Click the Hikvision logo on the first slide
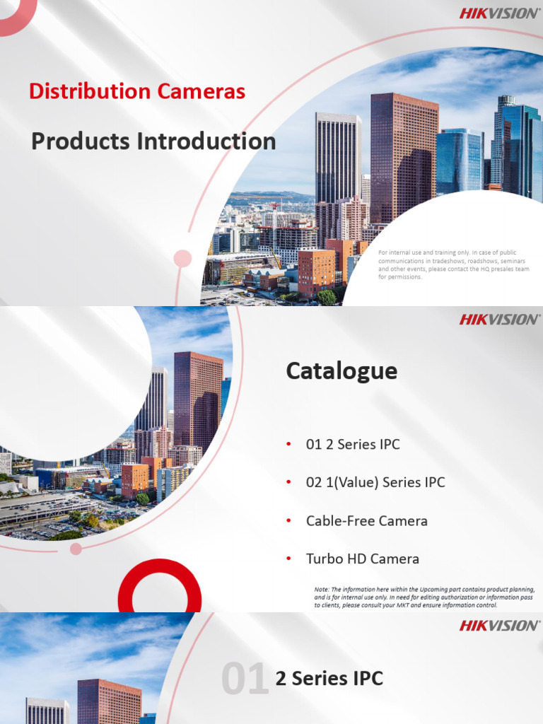click(499, 13)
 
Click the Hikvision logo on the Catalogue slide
click(499, 320)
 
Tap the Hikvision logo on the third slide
click(499, 626)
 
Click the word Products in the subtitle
click(81, 141)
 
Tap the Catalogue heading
click(341, 370)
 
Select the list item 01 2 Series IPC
click(353, 444)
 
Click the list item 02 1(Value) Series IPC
click(375, 482)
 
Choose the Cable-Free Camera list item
click(367, 521)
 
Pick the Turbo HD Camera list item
click(363, 559)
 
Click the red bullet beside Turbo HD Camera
click(288, 559)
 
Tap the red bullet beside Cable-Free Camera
click(288, 520)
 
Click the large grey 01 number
click(245, 678)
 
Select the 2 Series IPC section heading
click(329, 678)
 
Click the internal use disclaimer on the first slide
click(453, 264)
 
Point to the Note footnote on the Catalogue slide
click(424, 597)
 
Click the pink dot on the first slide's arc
click(182, 259)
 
